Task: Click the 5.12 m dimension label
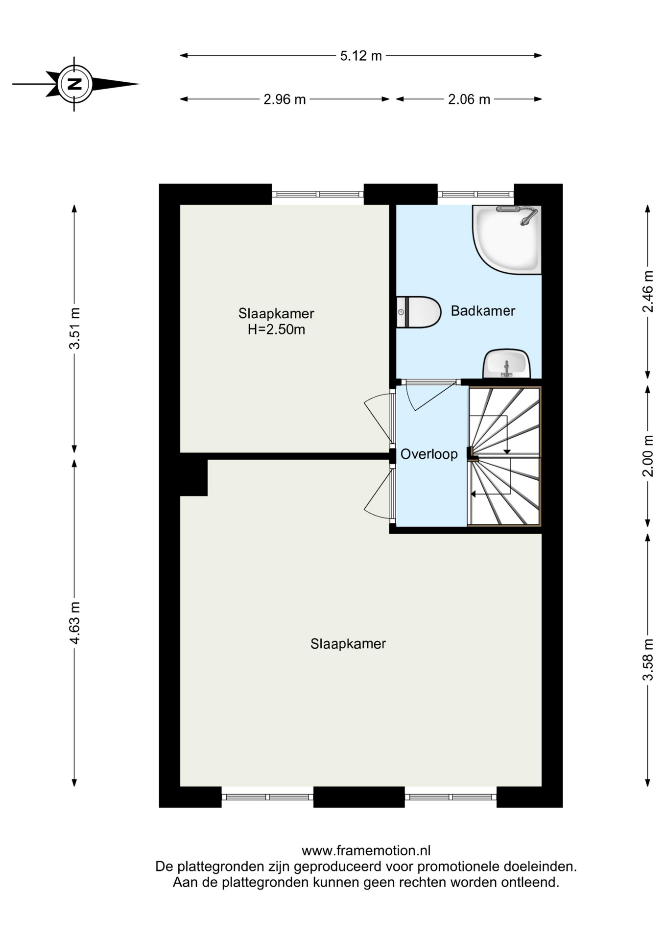(x=361, y=56)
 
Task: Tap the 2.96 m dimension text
(x=285, y=99)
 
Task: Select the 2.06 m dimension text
(x=469, y=99)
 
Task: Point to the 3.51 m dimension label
(x=74, y=328)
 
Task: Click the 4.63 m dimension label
(x=74, y=623)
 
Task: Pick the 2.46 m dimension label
(x=648, y=291)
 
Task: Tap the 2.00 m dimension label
(x=648, y=456)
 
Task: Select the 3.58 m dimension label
(x=648, y=659)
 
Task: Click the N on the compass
(x=74, y=84)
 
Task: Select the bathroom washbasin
(x=507, y=364)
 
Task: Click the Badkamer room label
(x=483, y=311)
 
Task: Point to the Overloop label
(x=429, y=454)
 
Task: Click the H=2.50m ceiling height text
(x=276, y=329)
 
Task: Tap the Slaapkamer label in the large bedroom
(x=348, y=644)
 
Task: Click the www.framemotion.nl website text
(x=366, y=850)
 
